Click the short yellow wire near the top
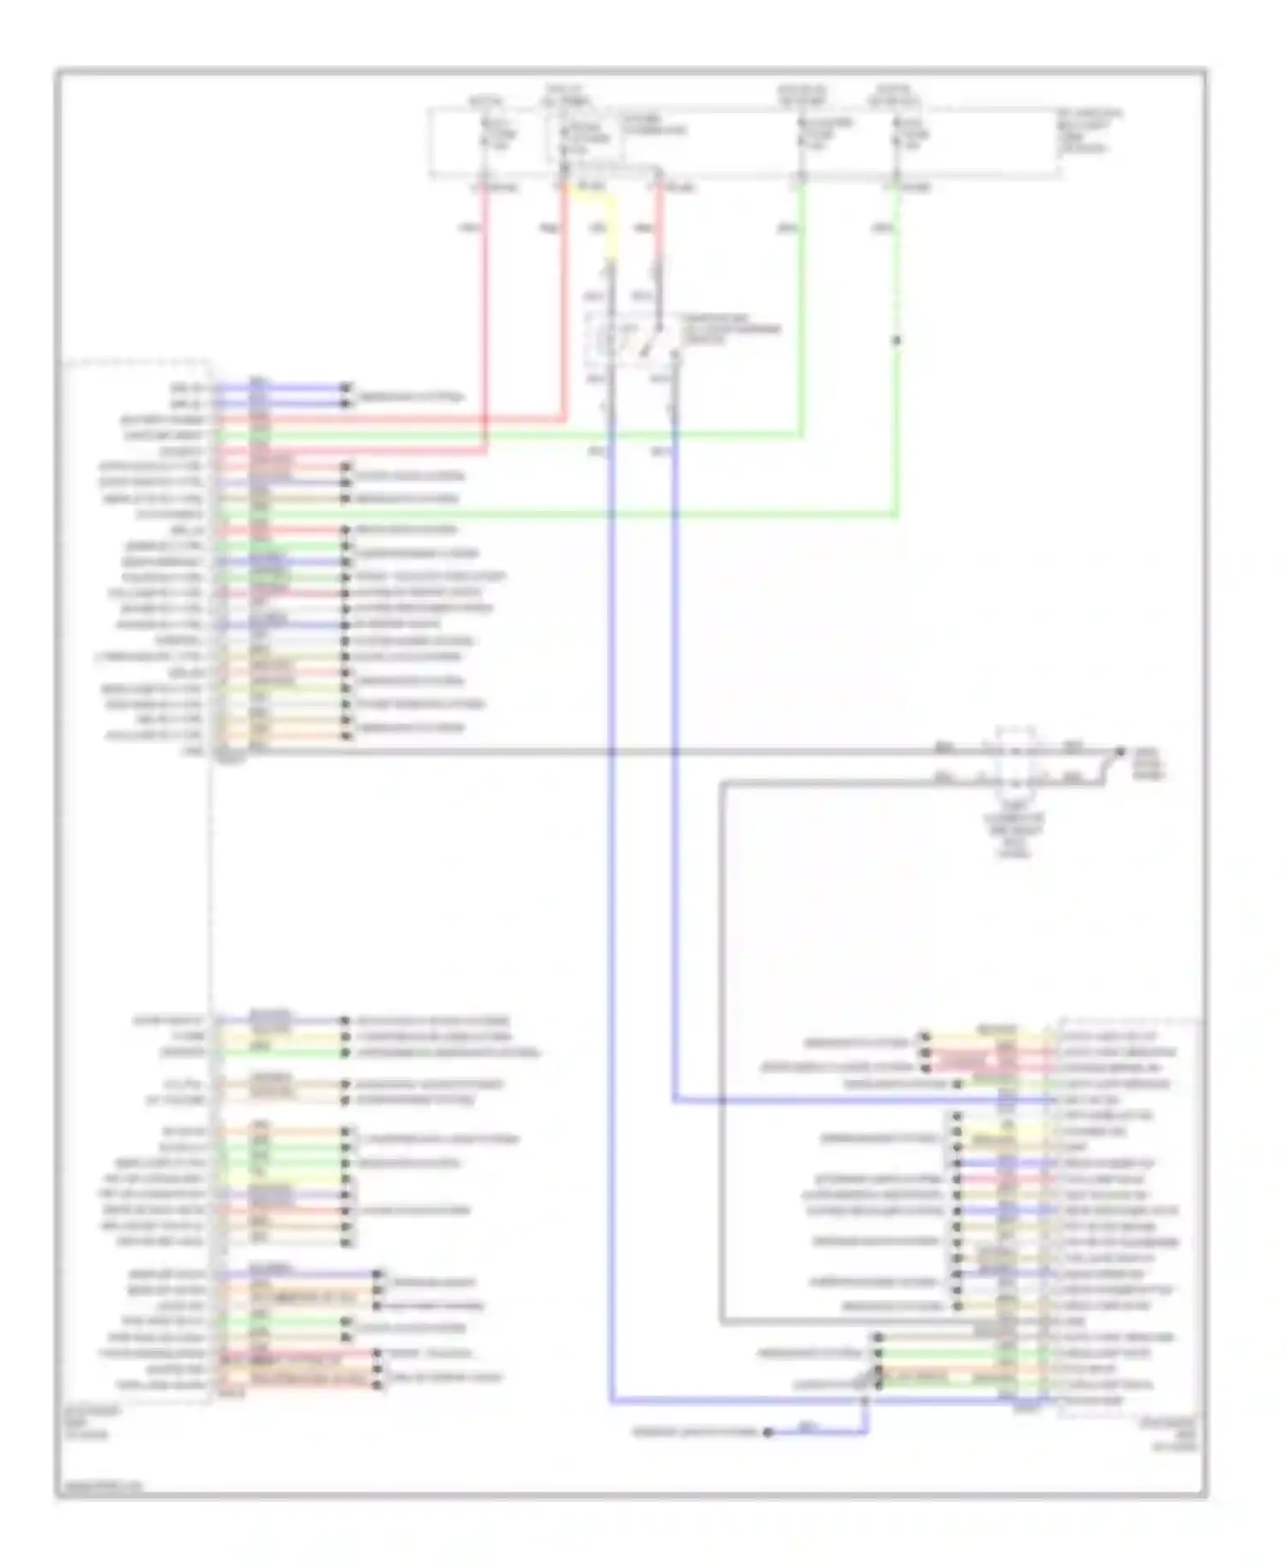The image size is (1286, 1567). point(611,227)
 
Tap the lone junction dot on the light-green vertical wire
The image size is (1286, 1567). point(897,340)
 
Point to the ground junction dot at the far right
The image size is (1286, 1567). point(1119,752)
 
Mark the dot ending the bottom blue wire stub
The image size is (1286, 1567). point(768,1432)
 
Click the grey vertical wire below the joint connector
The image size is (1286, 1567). point(722,1029)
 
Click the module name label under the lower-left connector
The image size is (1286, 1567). point(88,1422)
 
